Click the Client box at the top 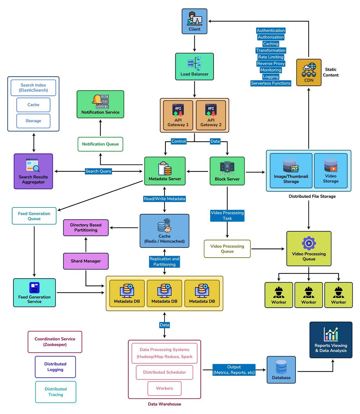[194, 21]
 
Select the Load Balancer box [194, 67]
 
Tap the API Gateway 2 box [211, 115]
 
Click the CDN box [309, 73]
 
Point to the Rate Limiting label [271, 57]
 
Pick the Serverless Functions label [271, 83]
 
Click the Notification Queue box [100, 144]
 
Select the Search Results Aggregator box [33, 171]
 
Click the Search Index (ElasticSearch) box [33, 88]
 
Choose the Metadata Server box [165, 171]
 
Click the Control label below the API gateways [178, 141]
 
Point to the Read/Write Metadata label [164, 199]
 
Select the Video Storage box [331, 171]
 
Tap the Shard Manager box [86, 261]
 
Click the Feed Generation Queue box [34, 216]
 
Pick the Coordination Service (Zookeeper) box [55, 342]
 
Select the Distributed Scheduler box [164, 372]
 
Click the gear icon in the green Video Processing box [309, 243]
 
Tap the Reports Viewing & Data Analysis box [331, 340]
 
